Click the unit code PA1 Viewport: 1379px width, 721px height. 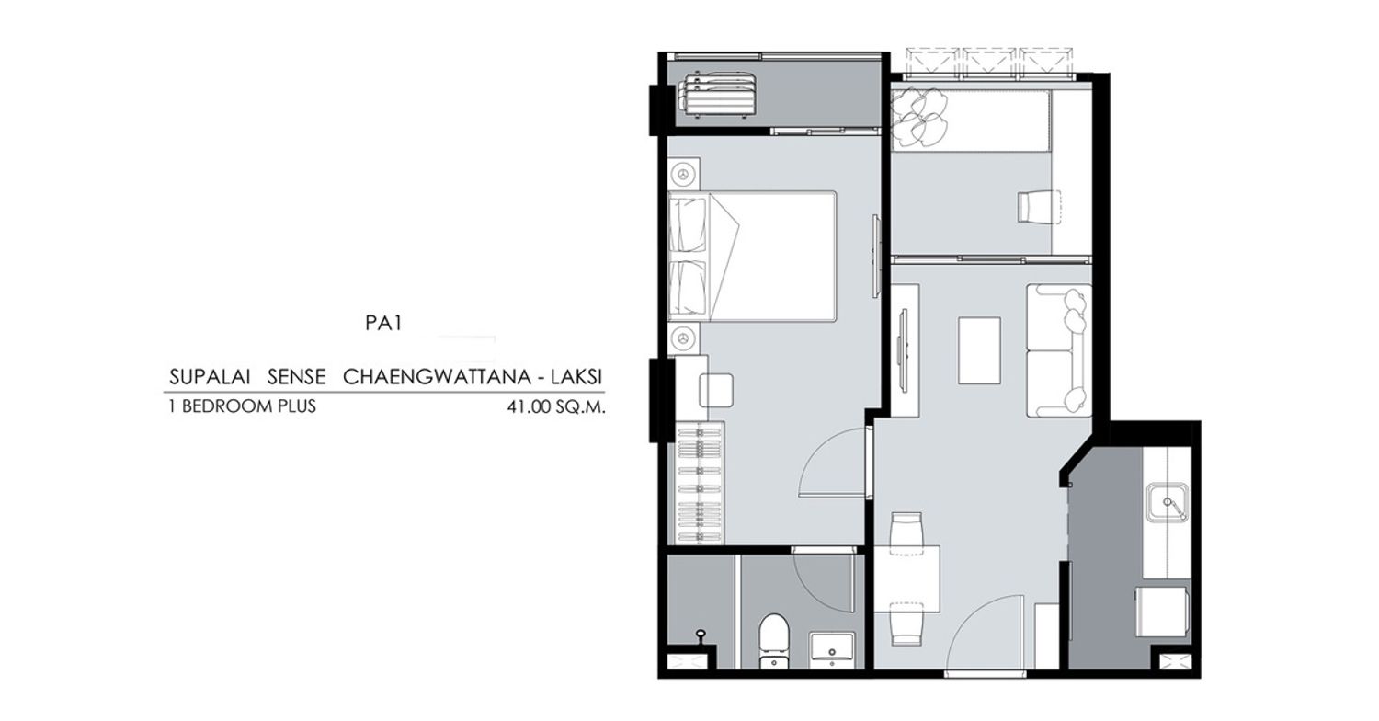(x=383, y=323)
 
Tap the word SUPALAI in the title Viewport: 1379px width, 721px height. (x=210, y=377)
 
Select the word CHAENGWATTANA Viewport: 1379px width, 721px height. (x=437, y=377)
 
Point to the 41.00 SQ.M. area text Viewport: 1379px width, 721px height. (x=556, y=407)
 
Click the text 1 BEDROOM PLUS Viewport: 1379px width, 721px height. (x=243, y=406)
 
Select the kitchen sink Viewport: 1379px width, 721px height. (x=1168, y=502)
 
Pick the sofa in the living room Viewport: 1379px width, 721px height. (x=1058, y=350)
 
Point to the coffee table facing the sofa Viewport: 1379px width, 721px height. (x=979, y=350)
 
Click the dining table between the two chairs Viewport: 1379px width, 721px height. (x=907, y=578)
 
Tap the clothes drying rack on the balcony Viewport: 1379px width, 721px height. (x=717, y=96)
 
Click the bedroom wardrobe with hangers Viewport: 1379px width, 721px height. (x=700, y=484)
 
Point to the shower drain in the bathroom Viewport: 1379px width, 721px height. (x=700, y=634)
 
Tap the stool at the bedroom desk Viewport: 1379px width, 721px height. (x=716, y=390)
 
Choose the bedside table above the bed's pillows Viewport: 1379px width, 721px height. (x=684, y=174)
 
